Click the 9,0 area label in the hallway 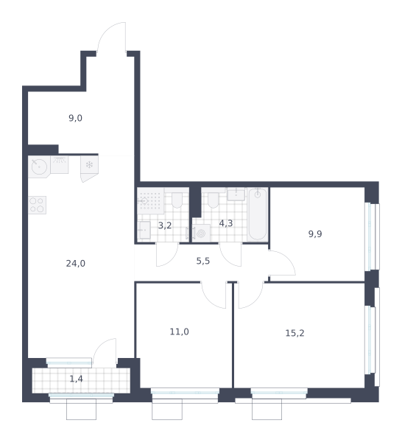(x=76, y=118)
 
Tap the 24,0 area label (x=76, y=263)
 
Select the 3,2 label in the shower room (x=165, y=225)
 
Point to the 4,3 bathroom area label (x=226, y=223)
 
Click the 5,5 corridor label (x=203, y=261)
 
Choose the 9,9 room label (x=315, y=234)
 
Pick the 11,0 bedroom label (x=179, y=331)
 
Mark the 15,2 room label (x=295, y=333)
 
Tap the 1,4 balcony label (x=76, y=379)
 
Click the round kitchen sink (x=39, y=166)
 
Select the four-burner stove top (x=37, y=205)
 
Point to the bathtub (x=257, y=214)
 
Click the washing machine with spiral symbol (x=201, y=233)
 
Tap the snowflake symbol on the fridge (x=89, y=164)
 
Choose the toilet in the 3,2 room (x=177, y=200)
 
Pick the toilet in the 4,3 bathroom (x=214, y=200)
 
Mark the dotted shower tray (x=150, y=201)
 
